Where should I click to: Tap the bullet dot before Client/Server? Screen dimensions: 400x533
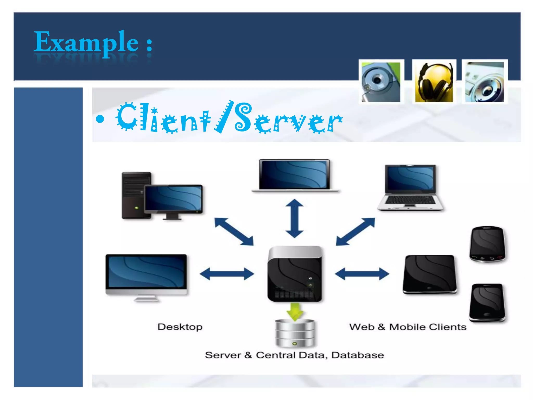[x=100, y=119]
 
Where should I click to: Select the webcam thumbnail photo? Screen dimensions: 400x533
[x=381, y=82]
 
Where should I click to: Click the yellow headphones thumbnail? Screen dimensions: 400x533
[x=434, y=82]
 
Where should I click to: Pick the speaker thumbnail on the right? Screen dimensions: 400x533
[x=485, y=82]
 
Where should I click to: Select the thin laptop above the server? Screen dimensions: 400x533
[x=295, y=174]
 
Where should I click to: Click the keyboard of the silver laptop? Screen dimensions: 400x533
[x=410, y=200]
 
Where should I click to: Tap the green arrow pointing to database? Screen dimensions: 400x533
[x=295, y=311]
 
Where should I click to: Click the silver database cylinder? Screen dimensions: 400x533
[x=295, y=333]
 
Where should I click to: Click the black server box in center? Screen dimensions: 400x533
[x=295, y=275]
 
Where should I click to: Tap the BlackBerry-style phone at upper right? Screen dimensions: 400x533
[x=487, y=244]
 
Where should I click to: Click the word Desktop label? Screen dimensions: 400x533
[x=180, y=327]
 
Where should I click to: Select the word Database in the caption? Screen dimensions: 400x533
[x=358, y=355]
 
